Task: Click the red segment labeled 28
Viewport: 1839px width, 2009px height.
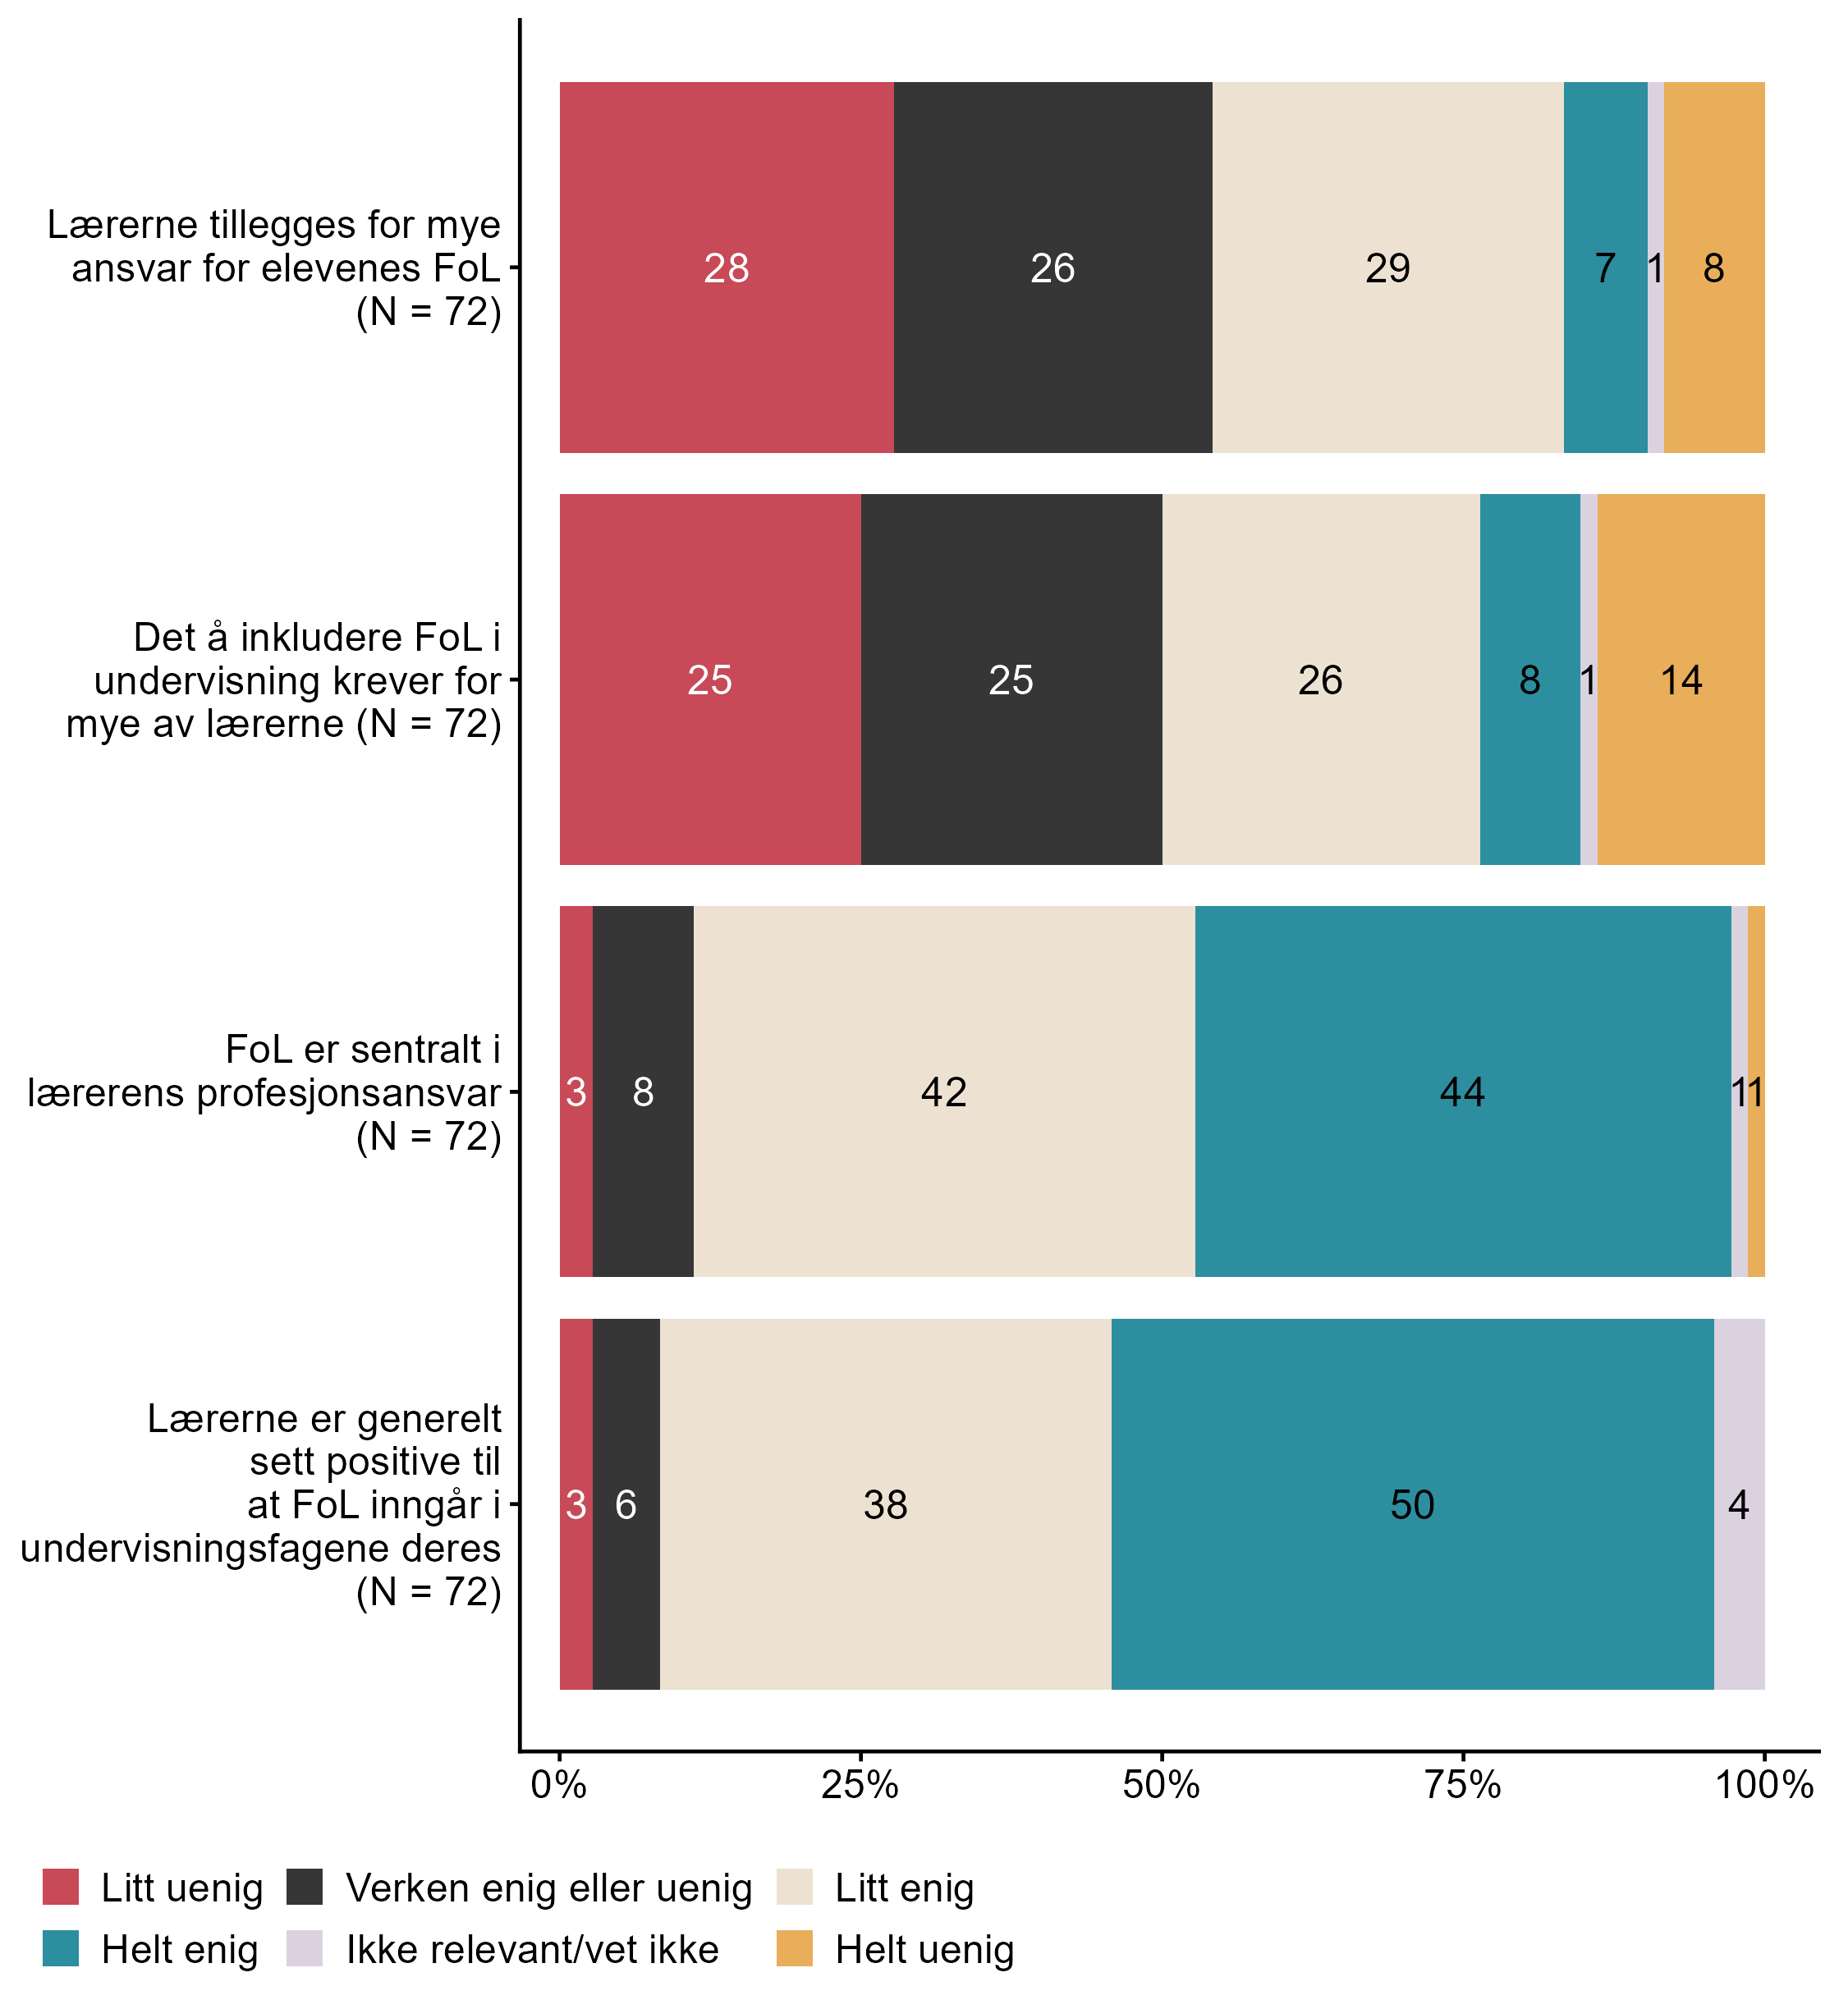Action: [726, 267]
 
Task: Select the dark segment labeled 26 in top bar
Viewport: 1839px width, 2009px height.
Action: [1052, 267]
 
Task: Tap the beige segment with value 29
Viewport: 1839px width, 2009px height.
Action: [1387, 267]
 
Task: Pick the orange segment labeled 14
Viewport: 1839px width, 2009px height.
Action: [1681, 680]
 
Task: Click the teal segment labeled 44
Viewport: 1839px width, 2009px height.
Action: [1462, 1091]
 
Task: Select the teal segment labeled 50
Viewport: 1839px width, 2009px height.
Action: [1412, 1503]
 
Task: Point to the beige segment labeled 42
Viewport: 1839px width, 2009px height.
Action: [943, 1091]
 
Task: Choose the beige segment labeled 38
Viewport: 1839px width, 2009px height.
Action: [885, 1503]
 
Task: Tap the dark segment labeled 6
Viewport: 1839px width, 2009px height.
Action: [626, 1503]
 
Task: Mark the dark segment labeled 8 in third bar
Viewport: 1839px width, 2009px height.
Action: [643, 1091]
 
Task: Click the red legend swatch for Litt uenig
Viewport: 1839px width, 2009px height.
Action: [61, 1887]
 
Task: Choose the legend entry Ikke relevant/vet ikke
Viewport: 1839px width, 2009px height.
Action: [532, 1949]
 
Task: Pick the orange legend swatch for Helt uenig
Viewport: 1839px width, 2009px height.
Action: [795, 1948]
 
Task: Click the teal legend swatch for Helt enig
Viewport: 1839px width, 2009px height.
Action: [61, 1948]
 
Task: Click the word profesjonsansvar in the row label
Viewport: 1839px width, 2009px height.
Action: [349, 1093]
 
